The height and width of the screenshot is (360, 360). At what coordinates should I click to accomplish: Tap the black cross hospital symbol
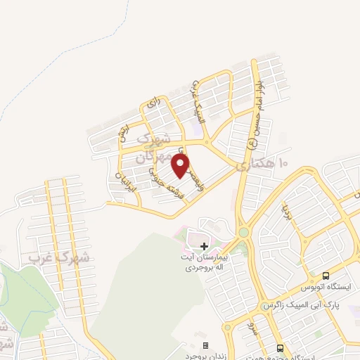pos(204,246)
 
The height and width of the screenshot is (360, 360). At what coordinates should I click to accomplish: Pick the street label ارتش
pos(124,133)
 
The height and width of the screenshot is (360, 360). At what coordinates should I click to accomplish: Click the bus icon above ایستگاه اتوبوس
pos(326,276)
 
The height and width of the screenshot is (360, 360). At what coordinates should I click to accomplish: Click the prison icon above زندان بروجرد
pos(205,346)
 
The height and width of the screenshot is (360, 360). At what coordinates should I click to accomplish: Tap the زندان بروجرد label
pos(205,356)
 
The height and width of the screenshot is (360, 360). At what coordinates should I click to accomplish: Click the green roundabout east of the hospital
pos(243,232)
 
